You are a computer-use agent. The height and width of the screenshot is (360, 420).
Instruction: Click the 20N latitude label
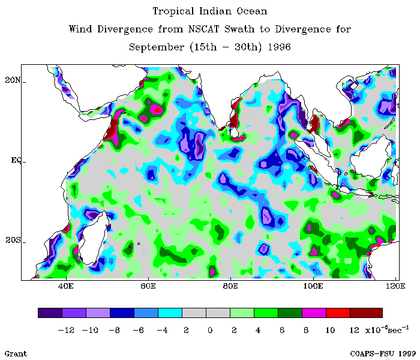pyautogui.click(x=13, y=80)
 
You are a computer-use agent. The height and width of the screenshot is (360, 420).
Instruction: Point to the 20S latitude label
pyautogui.click(x=13, y=241)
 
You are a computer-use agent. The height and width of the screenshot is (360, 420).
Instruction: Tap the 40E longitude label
pyautogui.click(x=66, y=286)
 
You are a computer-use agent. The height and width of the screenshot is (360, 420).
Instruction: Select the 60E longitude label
pyautogui.click(x=148, y=286)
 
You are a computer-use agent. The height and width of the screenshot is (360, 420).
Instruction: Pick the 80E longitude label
pyautogui.click(x=231, y=286)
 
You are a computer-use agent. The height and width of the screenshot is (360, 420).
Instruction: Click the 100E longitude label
pyautogui.click(x=313, y=286)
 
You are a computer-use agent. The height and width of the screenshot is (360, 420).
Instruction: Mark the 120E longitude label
pyautogui.click(x=393, y=286)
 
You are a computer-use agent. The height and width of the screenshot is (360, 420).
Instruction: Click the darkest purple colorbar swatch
pyautogui.click(x=50, y=313)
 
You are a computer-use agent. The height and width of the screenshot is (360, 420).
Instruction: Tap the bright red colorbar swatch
pyautogui.click(x=338, y=313)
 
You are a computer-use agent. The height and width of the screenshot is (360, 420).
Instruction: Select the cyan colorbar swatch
pyautogui.click(x=170, y=313)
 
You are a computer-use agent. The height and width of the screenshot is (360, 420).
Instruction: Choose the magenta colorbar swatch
pyautogui.click(x=314, y=313)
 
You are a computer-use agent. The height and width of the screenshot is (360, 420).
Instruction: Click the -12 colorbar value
pyautogui.click(x=66, y=329)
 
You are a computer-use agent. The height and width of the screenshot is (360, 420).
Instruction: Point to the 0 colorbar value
pyautogui.click(x=210, y=329)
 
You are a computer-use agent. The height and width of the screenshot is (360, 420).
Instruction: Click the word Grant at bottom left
pyautogui.click(x=16, y=353)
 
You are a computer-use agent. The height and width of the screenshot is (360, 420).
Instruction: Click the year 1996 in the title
pyautogui.click(x=278, y=47)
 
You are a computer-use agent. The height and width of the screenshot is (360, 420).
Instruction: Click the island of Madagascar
pyautogui.click(x=95, y=240)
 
